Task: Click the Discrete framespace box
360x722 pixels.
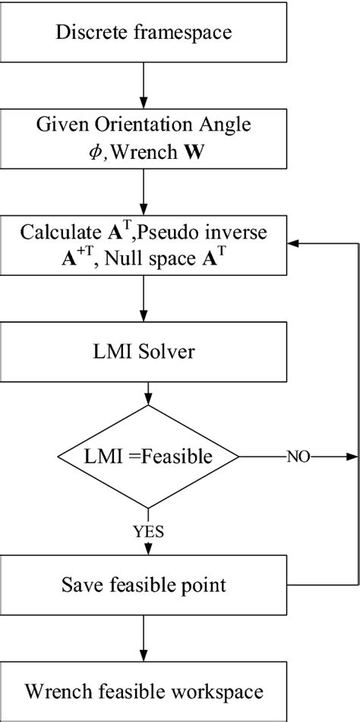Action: click(144, 33)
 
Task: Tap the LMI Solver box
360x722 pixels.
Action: click(144, 352)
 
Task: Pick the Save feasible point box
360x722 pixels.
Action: click(144, 586)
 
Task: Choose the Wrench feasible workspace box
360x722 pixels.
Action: click(144, 692)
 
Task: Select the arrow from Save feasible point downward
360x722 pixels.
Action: click(144, 638)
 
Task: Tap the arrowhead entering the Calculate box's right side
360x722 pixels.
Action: click(292, 243)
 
